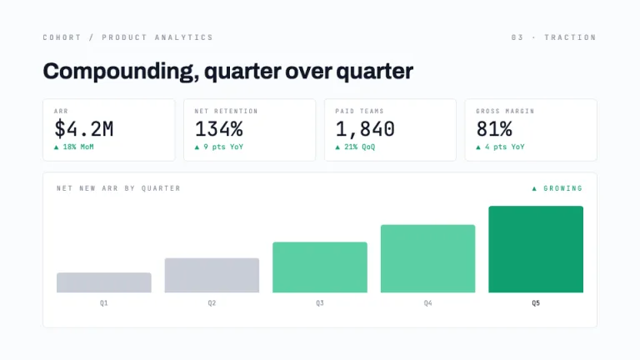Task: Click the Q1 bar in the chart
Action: (x=104, y=282)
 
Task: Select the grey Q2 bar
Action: (x=212, y=275)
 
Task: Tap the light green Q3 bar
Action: (x=320, y=267)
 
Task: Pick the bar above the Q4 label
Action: (x=427, y=259)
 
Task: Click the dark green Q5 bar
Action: (x=536, y=249)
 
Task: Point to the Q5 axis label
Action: (x=536, y=303)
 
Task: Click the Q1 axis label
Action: (x=104, y=303)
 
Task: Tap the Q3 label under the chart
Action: (x=320, y=303)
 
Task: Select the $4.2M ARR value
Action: (x=83, y=129)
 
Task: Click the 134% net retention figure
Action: (x=219, y=129)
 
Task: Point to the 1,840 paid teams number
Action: (x=365, y=129)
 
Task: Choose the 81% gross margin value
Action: (x=494, y=129)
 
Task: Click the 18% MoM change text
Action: (x=78, y=147)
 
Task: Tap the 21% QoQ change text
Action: (x=360, y=147)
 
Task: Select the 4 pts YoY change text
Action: (x=504, y=147)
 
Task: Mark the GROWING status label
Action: (x=562, y=188)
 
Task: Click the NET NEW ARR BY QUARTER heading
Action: (x=118, y=188)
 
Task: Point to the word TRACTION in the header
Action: (x=570, y=37)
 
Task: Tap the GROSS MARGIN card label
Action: (x=505, y=111)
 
